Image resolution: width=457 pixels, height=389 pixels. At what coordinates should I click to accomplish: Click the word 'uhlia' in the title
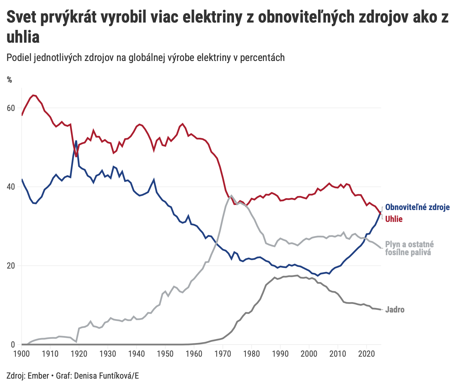[x=23, y=38]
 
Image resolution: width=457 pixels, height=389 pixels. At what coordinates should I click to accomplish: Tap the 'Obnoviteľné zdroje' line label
[x=417, y=208]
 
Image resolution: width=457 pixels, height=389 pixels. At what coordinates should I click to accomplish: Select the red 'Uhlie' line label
[x=394, y=219]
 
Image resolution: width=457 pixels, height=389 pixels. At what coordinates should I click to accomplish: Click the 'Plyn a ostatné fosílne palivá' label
[x=409, y=248]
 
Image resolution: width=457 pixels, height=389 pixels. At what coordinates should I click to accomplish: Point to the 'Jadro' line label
[x=395, y=310]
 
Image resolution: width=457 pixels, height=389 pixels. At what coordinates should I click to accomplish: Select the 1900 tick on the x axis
[x=22, y=354]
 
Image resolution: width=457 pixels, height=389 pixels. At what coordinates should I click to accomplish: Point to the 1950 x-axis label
[x=165, y=354]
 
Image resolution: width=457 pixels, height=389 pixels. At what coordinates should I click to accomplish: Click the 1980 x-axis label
[x=251, y=354]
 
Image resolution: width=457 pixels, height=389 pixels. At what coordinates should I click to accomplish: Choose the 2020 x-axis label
[x=366, y=354]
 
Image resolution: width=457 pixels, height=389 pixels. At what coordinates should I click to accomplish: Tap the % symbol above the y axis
[x=10, y=80]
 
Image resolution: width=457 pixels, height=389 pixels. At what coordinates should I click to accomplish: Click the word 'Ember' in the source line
[x=38, y=376]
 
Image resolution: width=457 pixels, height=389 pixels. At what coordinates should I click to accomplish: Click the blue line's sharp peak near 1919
[x=76, y=141]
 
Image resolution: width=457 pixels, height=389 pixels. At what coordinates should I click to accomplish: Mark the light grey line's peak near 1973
[x=232, y=195]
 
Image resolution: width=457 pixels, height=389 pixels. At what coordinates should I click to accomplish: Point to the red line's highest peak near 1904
[x=33, y=95]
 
